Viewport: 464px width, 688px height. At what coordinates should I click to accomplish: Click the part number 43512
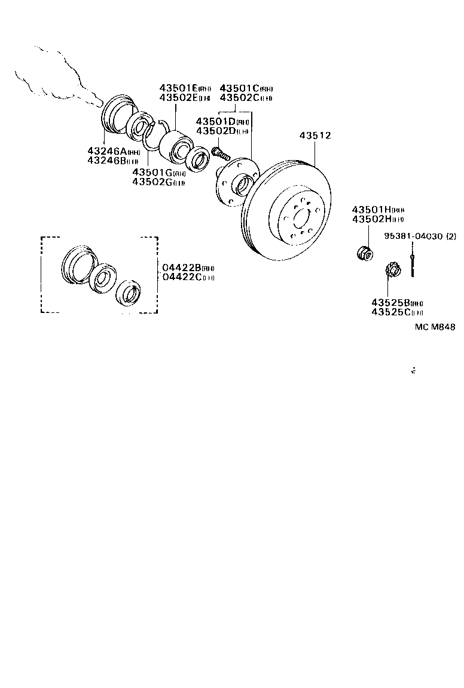(315, 136)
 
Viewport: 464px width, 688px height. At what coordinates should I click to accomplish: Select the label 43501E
(178, 88)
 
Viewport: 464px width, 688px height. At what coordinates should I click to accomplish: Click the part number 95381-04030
(409, 236)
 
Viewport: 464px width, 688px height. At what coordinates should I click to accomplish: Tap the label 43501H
(371, 210)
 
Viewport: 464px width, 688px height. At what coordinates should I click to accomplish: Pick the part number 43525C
(390, 312)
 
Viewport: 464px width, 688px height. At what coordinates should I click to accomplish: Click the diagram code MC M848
(435, 327)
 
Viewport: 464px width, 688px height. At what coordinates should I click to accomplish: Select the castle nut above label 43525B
(392, 271)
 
